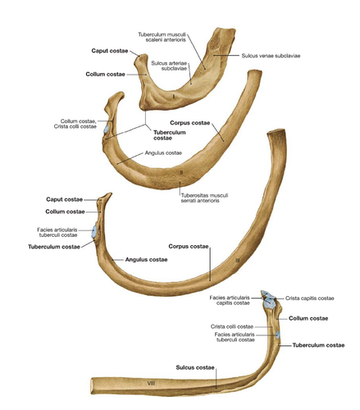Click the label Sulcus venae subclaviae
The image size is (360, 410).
point(271,56)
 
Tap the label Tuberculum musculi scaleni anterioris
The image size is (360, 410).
point(162,37)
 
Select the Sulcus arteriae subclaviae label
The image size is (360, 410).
point(169,66)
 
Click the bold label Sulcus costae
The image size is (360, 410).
point(195,367)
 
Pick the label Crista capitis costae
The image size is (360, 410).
point(310,298)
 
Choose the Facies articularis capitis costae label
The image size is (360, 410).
point(230,300)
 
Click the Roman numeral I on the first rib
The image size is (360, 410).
point(174,96)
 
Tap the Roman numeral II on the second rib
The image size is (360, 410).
point(181,172)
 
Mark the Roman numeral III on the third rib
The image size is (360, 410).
point(238,261)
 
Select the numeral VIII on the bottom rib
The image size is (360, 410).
point(151,383)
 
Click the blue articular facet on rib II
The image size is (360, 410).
point(106,130)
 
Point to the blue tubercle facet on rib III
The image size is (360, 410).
point(94,232)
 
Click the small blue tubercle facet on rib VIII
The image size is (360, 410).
point(277,335)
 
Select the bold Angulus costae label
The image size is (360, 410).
point(146,260)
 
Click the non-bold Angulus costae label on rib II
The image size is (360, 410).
point(163,153)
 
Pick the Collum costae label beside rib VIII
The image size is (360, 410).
point(308,318)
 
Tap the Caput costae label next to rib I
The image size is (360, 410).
point(110,51)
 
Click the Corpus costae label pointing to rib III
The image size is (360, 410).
point(189,246)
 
